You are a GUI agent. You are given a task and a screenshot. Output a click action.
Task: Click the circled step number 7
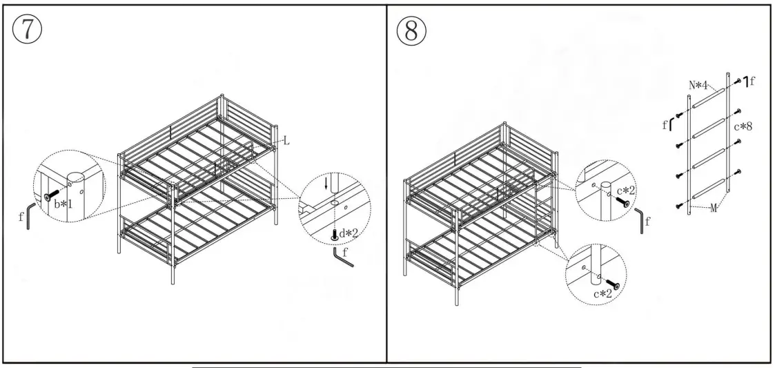click(x=25, y=29)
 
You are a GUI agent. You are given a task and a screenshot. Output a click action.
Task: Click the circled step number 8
click(x=413, y=29)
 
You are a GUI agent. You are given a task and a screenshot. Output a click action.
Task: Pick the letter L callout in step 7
click(x=286, y=141)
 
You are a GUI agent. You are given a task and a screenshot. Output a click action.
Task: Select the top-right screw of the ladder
click(x=738, y=82)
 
